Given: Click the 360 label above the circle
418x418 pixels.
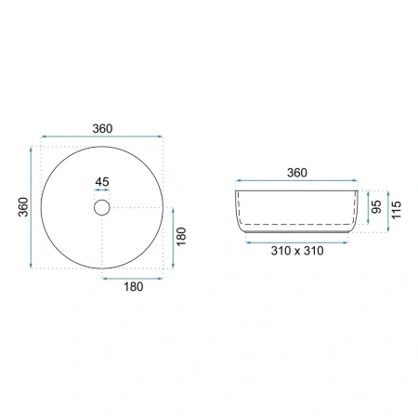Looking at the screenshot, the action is [102, 128].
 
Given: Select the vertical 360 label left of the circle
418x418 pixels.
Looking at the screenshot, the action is [23, 207].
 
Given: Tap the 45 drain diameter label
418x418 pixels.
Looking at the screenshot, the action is [102, 182].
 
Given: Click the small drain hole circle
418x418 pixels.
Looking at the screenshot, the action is [102, 207].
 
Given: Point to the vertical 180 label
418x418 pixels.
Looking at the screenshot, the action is [181, 236].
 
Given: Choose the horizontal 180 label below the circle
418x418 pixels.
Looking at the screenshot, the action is [134, 287].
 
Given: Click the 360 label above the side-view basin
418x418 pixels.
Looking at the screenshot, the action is [297, 173].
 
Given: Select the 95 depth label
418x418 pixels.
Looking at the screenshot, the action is [376, 206].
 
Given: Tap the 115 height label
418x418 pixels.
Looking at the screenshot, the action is [397, 210].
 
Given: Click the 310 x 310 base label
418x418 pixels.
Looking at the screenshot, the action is [297, 251].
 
